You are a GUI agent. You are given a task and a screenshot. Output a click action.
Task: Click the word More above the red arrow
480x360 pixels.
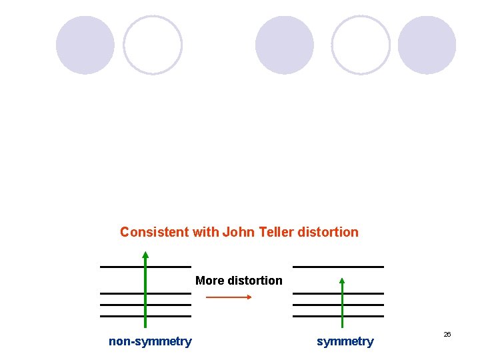(209, 281)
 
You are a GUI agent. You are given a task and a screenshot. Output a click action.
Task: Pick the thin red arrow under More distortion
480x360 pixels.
(229, 297)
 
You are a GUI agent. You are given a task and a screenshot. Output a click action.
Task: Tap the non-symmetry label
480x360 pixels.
(150, 342)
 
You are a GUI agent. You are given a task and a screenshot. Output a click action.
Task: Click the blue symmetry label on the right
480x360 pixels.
(345, 342)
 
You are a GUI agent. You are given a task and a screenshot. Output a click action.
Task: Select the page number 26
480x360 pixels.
(447, 334)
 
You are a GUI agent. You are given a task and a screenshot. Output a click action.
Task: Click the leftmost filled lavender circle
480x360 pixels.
(85, 45)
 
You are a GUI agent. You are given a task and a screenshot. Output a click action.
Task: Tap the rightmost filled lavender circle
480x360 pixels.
(427, 45)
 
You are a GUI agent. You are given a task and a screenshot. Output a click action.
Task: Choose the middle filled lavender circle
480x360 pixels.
(285, 45)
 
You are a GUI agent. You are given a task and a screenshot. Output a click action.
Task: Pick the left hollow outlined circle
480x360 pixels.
(153, 45)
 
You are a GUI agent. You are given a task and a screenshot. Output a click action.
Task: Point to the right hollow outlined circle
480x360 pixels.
(361, 45)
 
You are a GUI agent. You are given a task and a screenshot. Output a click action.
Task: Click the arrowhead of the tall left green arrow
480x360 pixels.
(145, 255)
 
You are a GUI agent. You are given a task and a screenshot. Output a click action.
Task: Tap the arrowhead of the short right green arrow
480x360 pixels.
(342, 281)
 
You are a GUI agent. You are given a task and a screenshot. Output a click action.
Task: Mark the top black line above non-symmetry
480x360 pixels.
(120, 267)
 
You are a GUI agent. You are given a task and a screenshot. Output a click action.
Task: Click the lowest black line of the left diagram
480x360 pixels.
(120, 316)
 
